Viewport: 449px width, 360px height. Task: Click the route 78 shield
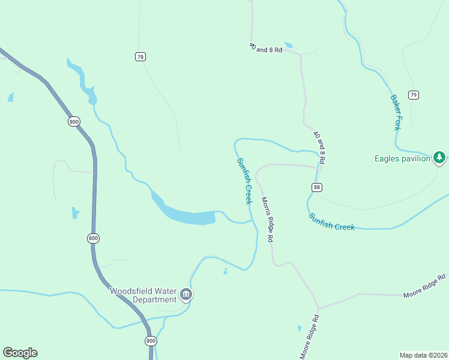[140, 56]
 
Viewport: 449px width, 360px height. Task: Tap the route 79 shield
[413, 95]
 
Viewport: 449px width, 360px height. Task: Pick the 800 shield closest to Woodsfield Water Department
[150, 340]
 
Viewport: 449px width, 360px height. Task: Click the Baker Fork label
[396, 112]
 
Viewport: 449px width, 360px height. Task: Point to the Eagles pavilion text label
[402, 158]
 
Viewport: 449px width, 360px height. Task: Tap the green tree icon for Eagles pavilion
[440, 158]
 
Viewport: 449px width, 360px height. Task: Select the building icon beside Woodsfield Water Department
[186, 295]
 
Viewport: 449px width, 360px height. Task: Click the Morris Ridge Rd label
[267, 219]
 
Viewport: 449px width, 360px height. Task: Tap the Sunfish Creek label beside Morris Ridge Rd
[244, 181]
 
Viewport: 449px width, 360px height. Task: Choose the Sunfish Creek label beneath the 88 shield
[332, 221]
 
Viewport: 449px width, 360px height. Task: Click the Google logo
[20, 353]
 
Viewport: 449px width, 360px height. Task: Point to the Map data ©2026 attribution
[423, 355]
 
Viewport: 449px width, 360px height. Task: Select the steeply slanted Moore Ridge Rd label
[309, 337]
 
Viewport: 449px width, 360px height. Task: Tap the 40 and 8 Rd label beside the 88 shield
[319, 148]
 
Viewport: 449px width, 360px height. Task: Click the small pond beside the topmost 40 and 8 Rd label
[289, 45]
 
